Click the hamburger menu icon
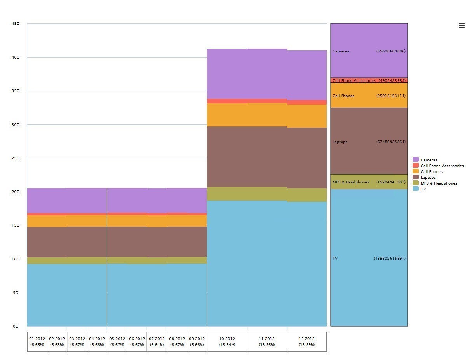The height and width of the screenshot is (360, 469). tap(461, 26)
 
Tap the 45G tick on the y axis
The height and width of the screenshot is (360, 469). tap(16, 24)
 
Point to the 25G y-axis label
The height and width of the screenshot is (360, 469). tap(16, 158)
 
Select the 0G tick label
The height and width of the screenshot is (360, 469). tap(16, 327)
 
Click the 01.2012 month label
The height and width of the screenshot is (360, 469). tap(37, 339)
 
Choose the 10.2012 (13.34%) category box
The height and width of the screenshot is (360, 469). tap(227, 342)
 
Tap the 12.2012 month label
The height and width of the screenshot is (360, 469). tap(307, 339)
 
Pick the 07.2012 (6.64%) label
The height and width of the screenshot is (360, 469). tap(157, 342)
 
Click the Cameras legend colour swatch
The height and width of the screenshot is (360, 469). tap(416, 160)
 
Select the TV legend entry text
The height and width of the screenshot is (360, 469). tap(423, 189)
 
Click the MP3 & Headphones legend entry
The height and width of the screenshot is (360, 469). tap(439, 183)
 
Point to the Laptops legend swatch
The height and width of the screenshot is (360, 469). tap(416, 178)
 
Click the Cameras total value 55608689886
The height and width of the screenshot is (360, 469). tap(391, 51)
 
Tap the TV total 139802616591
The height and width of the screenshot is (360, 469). tap(390, 259)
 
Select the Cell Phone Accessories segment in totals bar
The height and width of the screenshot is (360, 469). tap(369, 80)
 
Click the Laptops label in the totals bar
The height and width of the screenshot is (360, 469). tap(340, 142)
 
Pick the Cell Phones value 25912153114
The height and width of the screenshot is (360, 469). tap(391, 96)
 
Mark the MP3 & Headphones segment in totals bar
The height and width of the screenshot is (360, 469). tap(369, 182)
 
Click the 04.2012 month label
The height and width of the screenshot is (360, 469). tap(97, 339)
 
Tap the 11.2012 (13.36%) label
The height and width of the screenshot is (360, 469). tap(267, 342)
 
